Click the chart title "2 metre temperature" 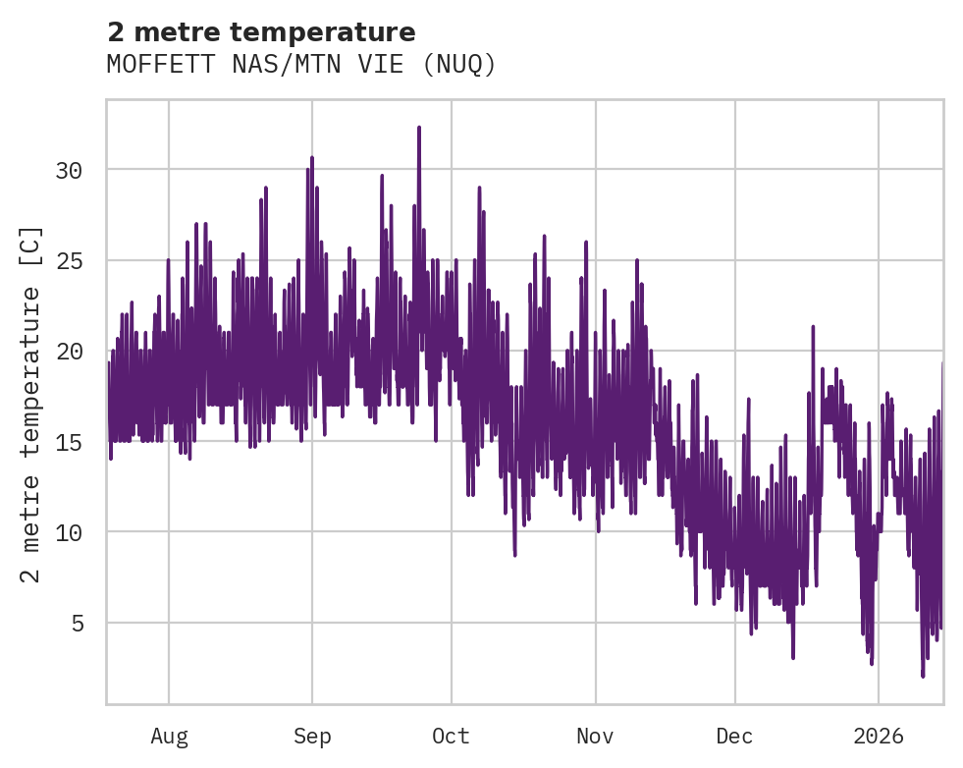[x=261, y=32]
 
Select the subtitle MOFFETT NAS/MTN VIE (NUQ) [x=301, y=65]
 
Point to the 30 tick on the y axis [x=69, y=171]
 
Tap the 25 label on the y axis [x=69, y=261]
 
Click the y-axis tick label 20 [x=69, y=352]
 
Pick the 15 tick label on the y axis [x=69, y=442]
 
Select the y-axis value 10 [x=69, y=532]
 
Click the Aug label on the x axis [x=169, y=737]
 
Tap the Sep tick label [x=312, y=737]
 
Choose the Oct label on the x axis [x=451, y=737]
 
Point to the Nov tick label [x=595, y=737]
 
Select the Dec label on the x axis [x=734, y=737]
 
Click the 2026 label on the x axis [x=878, y=737]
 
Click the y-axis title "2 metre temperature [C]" [x=31, y=404]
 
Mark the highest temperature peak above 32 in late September [x=418, y=128]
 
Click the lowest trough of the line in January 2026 [x=923, y=675]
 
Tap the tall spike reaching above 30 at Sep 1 [x=312, y=158]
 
